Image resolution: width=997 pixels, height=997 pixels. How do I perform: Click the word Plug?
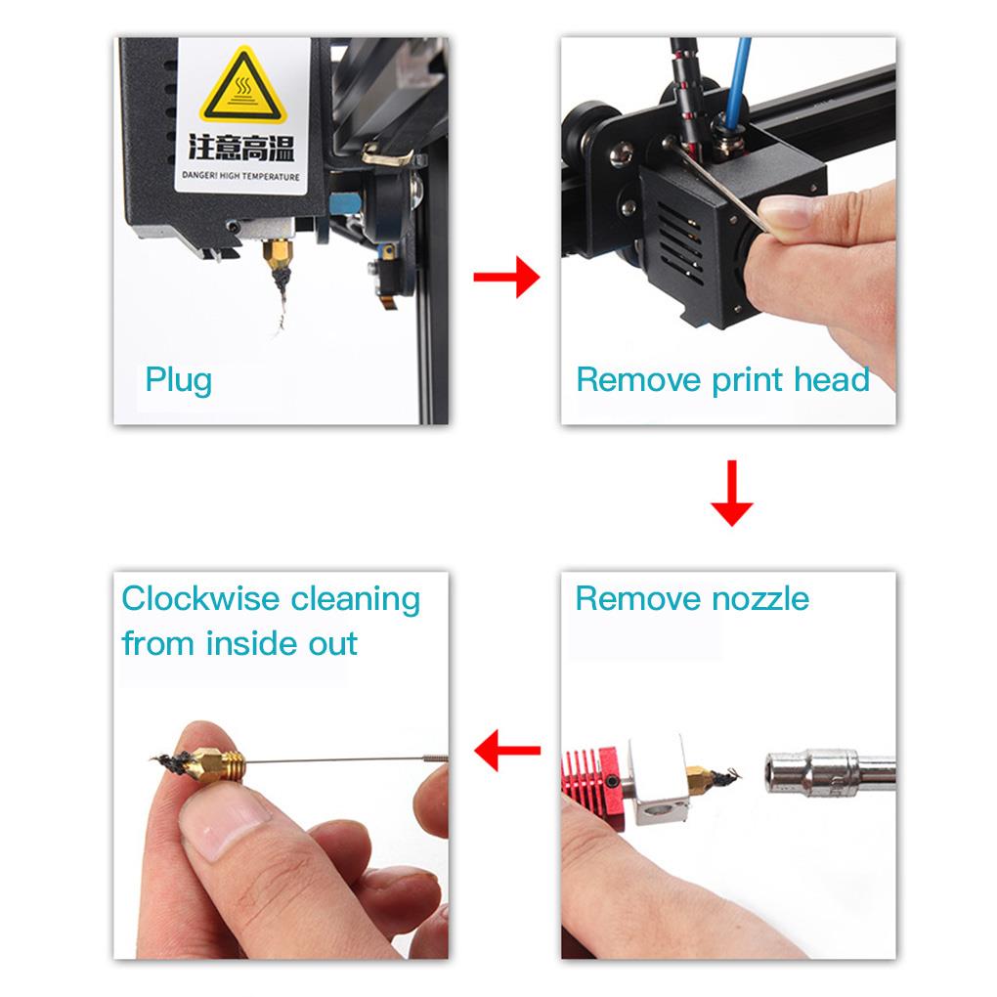178,379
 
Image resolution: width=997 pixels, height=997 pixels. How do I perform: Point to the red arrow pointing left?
507,751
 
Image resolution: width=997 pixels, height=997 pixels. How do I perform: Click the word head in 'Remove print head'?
831,379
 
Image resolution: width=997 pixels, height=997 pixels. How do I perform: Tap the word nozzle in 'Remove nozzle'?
761,598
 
